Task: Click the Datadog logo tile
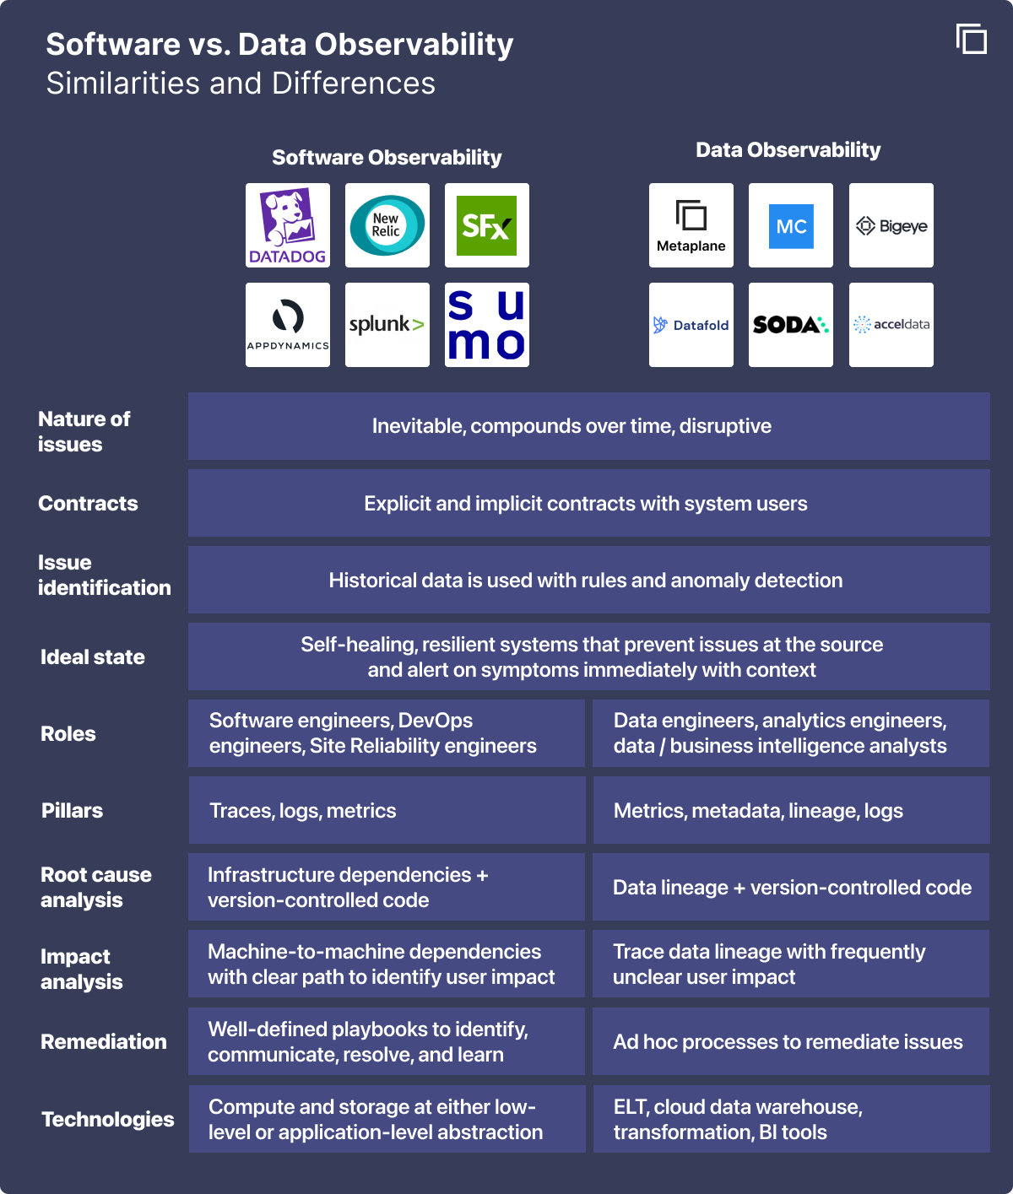288,225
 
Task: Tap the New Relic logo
387,225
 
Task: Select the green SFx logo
487,225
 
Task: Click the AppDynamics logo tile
288,325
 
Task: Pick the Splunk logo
387,325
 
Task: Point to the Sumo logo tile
487,325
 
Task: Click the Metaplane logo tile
691,225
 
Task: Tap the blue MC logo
791,225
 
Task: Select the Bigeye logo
891,225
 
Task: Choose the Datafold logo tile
691,325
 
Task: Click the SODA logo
791,325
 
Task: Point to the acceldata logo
891,325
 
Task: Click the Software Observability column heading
387,158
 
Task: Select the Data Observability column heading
788,150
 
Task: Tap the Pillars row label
73,811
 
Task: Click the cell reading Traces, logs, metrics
387,811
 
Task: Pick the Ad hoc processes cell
791,1042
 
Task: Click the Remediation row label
104,1042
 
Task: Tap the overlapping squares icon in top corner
972,39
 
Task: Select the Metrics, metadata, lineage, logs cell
791,811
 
